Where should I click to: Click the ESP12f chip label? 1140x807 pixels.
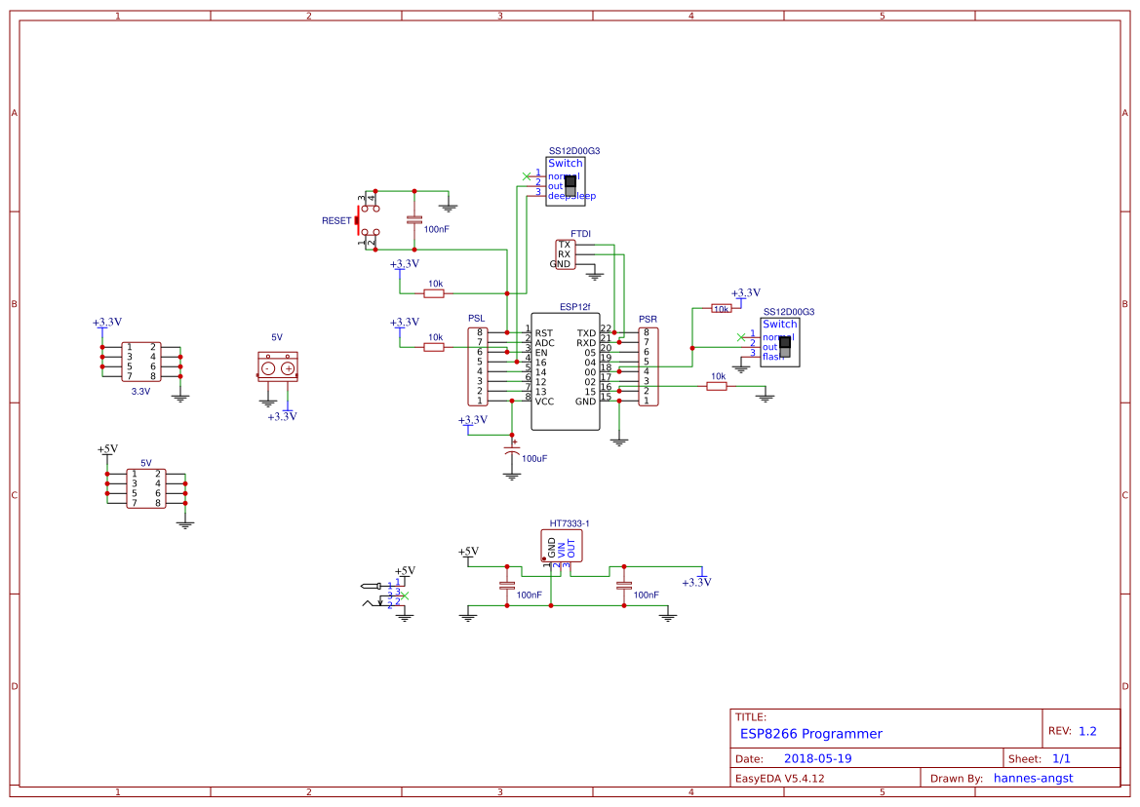coord(574,307)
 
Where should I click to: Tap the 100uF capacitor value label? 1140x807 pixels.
coord(534,458)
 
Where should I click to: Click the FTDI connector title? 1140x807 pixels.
coord(580,234)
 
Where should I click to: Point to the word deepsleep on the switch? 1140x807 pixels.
coord(571,196)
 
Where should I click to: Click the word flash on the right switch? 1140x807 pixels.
coord(772,357)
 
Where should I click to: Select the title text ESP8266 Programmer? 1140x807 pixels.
coord(810,734)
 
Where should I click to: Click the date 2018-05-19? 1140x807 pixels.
coord(817,758)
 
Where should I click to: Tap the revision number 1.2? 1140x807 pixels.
coord(1087,731)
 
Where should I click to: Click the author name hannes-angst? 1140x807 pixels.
coord(1046,778)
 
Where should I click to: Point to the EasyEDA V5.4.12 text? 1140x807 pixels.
coord(779,778)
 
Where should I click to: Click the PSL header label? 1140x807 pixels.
coord(476,319)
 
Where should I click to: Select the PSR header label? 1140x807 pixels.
coord(648,319)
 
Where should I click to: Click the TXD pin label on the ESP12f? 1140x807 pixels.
coord(585,333)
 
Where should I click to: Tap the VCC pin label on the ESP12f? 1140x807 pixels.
coord(545,401)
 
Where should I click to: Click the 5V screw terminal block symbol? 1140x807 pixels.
coord(277,367)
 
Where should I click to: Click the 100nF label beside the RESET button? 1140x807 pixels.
coord(436,229)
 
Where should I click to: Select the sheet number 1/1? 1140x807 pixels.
coord(1061,758)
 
